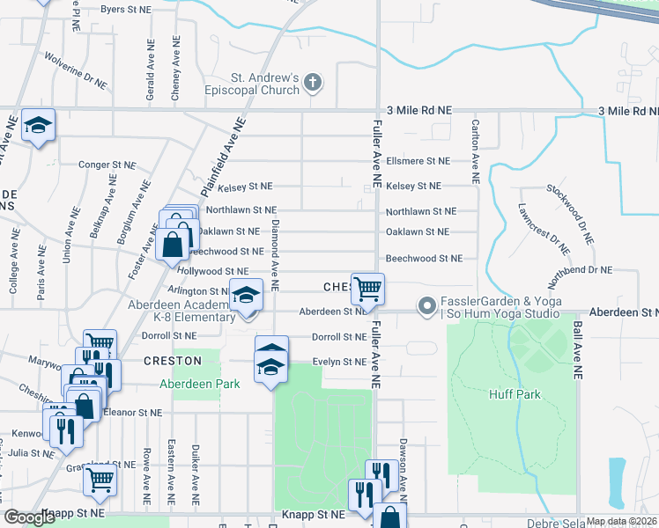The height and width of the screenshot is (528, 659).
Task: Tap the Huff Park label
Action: tap(515, 394)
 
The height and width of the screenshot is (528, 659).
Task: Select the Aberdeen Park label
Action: tap(199, 384)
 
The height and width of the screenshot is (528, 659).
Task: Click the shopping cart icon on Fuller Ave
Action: tap(367, 288)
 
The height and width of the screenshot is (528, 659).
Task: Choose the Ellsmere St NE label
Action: tap(418, 161)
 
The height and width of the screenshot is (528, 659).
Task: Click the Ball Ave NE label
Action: tap(578, 349)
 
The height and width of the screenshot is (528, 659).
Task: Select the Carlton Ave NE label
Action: tap(476, 151)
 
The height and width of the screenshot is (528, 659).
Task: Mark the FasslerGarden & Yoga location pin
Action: tap(427, 307)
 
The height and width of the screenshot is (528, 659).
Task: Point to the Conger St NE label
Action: tap(107, 165)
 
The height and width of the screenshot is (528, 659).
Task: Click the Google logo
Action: tap(29, 517)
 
